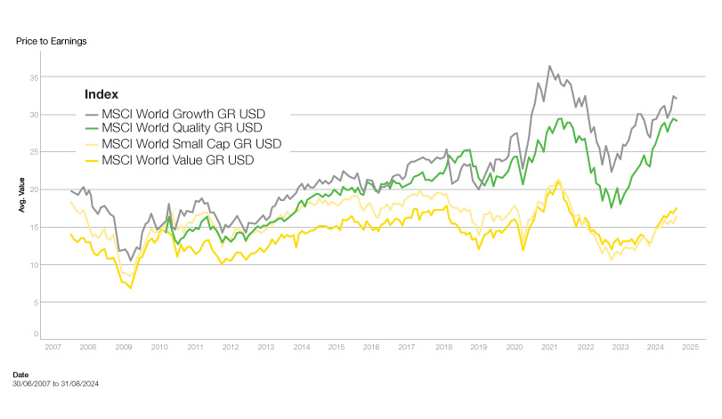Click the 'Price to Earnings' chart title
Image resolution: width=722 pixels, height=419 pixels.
(x=51, y=41)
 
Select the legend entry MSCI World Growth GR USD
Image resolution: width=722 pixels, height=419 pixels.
(x=183, y=114)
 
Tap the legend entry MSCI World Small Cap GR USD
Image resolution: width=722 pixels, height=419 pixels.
(x=191, y=144)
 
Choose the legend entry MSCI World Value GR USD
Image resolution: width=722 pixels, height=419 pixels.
(x=178, y=159)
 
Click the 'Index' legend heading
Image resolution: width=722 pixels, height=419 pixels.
(x=101, y=94)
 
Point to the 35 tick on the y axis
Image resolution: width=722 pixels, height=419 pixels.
(x=35, y=77)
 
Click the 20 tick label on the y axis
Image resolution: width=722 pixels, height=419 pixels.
(x=35, y=189)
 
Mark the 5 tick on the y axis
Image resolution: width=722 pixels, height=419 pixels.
(x=37, y=302)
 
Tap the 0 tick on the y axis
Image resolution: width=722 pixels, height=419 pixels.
(x=37, y=334)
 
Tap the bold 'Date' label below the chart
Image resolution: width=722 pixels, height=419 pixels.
(x=21, y=375)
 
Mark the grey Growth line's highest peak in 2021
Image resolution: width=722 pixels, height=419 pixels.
(x=549, y=66)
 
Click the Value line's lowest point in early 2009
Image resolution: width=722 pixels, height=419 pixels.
(x=131, y=288)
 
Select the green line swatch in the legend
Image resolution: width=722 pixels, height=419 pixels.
(x=91, y=129)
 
